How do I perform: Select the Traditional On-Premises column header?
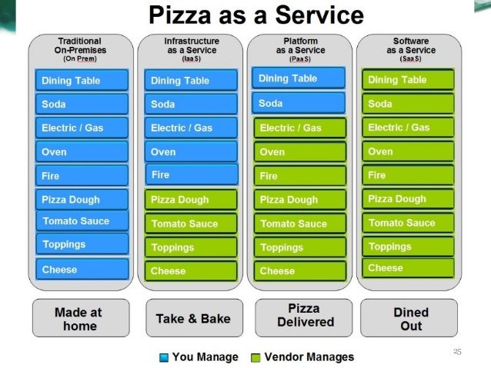82,50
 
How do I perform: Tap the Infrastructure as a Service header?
191,50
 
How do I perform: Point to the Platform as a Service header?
299,50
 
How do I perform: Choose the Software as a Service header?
410,50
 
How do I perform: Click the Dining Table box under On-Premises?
82,81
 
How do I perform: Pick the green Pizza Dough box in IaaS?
191,200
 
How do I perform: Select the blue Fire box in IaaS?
191,174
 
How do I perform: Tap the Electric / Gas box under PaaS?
300,128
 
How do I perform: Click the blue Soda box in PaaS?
299,103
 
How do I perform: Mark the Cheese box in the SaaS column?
409,268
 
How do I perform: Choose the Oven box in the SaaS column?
409,151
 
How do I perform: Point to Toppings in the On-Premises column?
82,245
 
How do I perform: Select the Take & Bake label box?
193,318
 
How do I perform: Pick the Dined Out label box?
410,319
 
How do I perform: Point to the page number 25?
457,352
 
